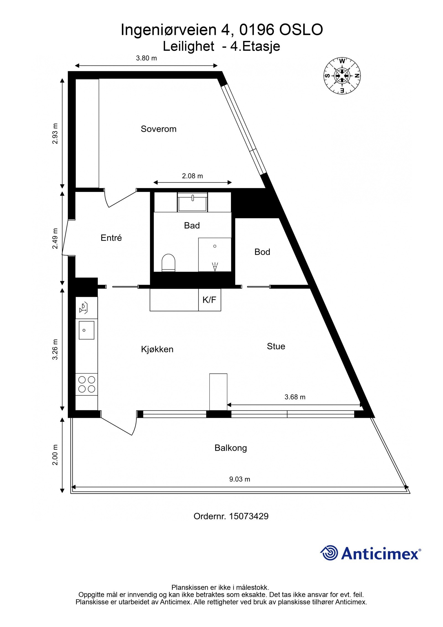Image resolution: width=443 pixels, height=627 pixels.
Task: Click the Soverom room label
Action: click(x=158, y=129)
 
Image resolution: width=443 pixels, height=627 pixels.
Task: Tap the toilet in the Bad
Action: click(x=168, y=262)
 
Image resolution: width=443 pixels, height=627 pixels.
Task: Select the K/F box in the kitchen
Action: click(x=209, y=300)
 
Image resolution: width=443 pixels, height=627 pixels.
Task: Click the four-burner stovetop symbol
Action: click(x=87, y=384)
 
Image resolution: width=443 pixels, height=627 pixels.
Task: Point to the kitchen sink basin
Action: click(x=86, y=330)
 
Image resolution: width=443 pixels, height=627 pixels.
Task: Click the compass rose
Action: click(x=342, y=75)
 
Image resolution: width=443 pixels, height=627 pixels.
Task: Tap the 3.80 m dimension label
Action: click(x=146, y=58)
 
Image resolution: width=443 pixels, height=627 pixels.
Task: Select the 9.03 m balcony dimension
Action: click(x=239, y=479)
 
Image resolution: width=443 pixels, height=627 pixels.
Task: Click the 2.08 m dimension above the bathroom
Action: click(x=192, y=176)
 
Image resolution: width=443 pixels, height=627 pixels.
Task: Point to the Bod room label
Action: click(x=262, y=252)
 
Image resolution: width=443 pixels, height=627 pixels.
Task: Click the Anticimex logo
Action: click(x=370, y=553)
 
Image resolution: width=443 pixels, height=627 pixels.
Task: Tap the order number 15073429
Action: click(x=231, y=516)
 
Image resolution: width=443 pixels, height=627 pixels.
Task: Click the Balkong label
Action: click(x=230, y=448)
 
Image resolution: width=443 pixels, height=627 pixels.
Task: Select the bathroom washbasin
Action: click(x=192, y=203)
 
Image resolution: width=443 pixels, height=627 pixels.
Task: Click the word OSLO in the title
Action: click(x=301, y=30)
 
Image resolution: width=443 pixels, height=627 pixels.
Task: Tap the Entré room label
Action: click(x=111, y=238)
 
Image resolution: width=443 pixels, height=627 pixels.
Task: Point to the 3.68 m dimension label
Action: click(x=295, y=397)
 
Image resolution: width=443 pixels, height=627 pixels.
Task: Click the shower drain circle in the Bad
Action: click(x=215, y=246)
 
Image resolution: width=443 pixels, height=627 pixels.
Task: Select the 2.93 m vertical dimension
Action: click(x=55, y=133)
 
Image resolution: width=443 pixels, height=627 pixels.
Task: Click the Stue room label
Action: click(x=276, y=346)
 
